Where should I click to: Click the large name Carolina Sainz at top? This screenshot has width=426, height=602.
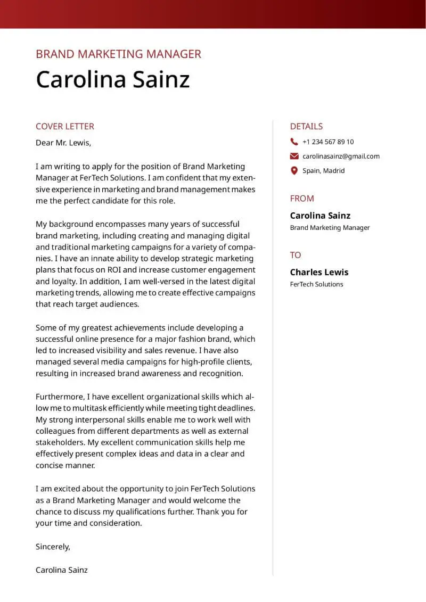pyautogui.click(x=112, y=79)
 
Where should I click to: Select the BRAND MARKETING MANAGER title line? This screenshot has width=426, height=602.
pyautogui.click(x=118, y=54)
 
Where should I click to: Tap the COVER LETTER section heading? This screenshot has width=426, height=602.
pyautogui.click(x=64, y=126)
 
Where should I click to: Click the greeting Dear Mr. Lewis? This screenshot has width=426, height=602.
pyautogui.click(x=63, y=143)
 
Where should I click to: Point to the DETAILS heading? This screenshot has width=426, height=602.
pyautogui.click(x=306, y=126)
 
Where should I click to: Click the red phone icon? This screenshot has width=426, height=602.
pyautogui.click(x=294, y=142)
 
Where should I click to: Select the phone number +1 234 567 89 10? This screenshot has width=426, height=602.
pyautogui.click(x=327, y=142)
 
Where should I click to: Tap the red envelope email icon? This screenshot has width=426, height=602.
pyautogui.click(x=294, y=156)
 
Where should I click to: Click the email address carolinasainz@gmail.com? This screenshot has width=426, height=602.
pyautogui.click(x=341, y=156)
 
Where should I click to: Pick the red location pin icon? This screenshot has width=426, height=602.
pyautogui.click(x=294, y=171)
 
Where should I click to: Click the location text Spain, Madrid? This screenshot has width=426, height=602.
pyautogui.click(x=323, y=171)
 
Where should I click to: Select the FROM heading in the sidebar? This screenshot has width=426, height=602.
pyautogui.click(x=302, y=199)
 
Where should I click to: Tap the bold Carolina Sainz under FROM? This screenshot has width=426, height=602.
pyautogui.click(x=320, y=216)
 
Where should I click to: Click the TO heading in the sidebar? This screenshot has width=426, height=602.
pyautogui.click(x=296, y=255)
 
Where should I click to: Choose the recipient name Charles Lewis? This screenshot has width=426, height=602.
pyautogui.click(x=319, y=272)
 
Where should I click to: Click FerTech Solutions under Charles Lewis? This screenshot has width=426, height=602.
pyautogui.click(x=316, y=284)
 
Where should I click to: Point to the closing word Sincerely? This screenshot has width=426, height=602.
pyautogui.click(x=53, y=547)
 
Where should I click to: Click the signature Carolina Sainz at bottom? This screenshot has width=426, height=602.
pyautogui.click(x=61, y=570)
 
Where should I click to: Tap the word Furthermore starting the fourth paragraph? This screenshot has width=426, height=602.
pyautogui.click(x=60, y=397)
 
